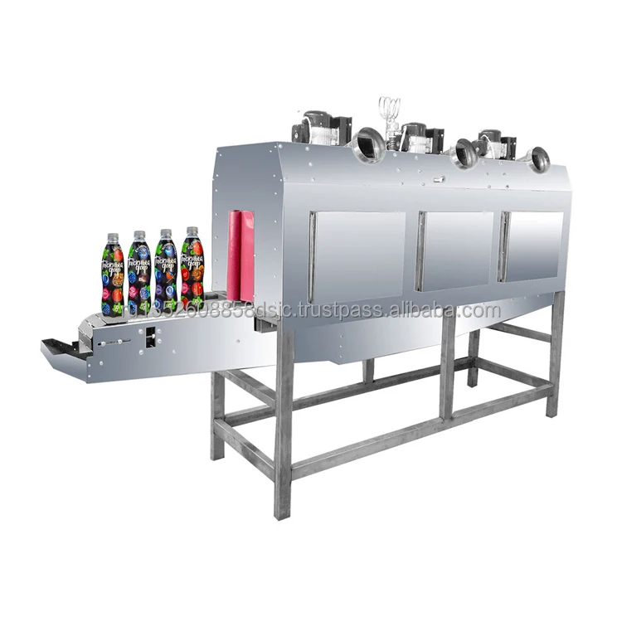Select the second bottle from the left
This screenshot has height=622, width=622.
pyautogui.click(x=138, y=272)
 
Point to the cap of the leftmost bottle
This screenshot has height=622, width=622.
pyautogui.click(x=114, y=237)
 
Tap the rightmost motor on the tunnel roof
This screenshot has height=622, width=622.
pyautogui.click(x=496, y=143)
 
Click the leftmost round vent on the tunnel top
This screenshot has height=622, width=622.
pyautogui.click(x=367, y=146)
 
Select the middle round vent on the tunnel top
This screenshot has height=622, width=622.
pyautogui.click(x=464, y=154)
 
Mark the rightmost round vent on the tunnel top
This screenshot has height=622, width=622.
pyautogui.click(x=539, y=159)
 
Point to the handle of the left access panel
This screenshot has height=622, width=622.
pyautogui.click(x=312, y=257)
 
